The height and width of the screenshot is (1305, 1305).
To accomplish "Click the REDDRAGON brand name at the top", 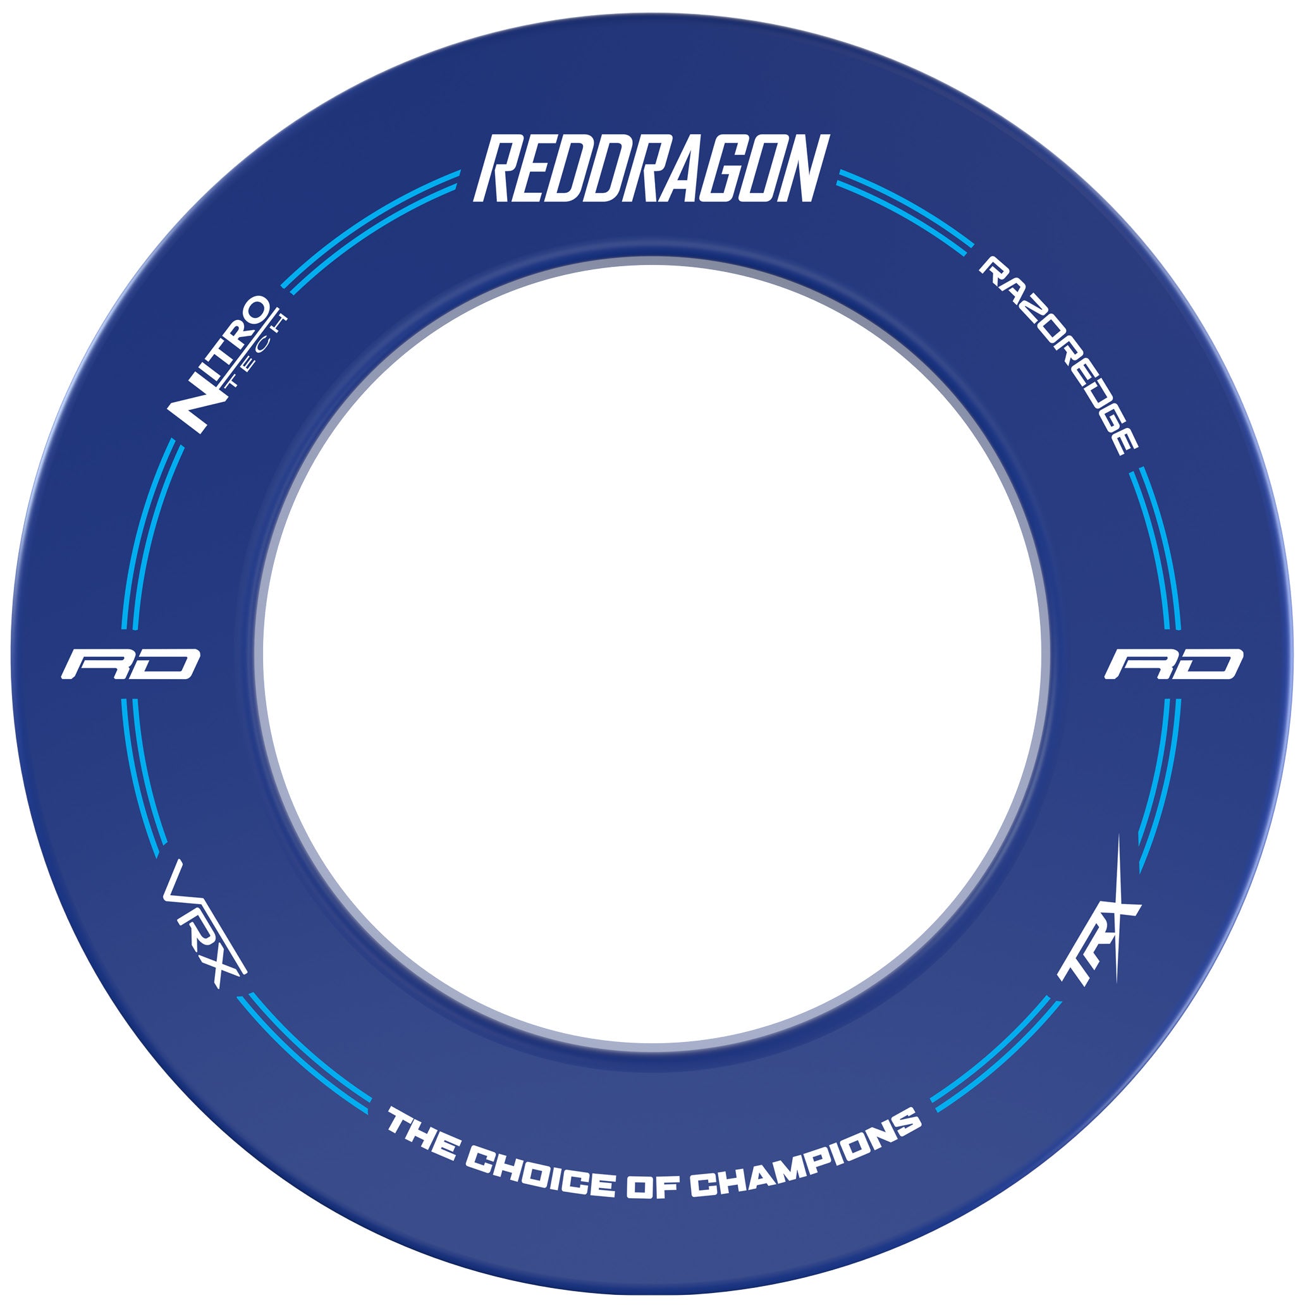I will click(651, 168).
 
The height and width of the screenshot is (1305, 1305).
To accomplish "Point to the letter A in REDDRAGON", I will click(681, 168).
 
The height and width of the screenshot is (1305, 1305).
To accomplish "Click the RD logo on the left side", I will click(130, 664).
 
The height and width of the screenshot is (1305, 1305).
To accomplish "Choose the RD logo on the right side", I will click(1174, 664).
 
